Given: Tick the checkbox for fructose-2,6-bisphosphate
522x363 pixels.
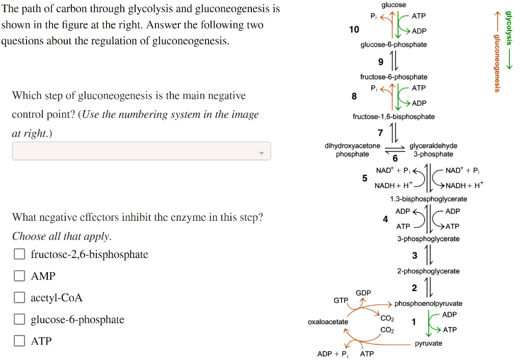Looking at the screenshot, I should click(19, 254).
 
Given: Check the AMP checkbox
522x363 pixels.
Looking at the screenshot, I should click(19, 276).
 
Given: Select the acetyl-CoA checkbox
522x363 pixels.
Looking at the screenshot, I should click(19, 298).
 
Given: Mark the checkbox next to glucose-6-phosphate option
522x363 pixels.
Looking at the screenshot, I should click(19, 320).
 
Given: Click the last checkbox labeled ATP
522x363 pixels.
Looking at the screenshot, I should click(19, 341).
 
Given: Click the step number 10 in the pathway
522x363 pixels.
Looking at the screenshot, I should click(354, 30).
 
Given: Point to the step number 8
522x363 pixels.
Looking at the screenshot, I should click(354, 96).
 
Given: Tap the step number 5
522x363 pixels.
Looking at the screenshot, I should click(364, 178).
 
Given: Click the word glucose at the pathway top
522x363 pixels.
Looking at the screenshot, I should click(397, 5).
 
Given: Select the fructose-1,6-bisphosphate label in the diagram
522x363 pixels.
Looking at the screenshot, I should click(394, 117).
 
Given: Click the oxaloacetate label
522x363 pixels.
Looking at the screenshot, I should click(328, 322).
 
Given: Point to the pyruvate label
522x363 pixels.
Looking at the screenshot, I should click(428, 344).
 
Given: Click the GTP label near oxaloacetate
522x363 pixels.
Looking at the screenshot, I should click(341, 301).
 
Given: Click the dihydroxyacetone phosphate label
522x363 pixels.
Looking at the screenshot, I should click(352, 150).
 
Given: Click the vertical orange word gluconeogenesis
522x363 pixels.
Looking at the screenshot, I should click(496, 64).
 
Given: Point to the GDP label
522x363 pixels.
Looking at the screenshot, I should click(363, 293).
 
